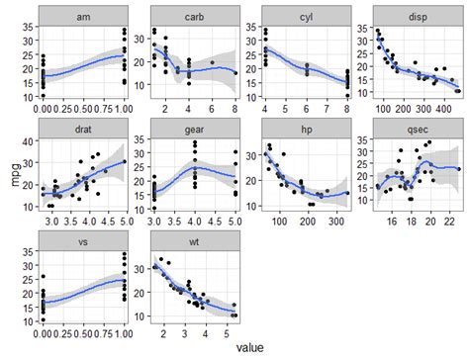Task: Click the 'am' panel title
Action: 83,17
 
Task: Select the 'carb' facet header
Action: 195,17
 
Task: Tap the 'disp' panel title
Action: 418,17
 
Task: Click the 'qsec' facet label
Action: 418,130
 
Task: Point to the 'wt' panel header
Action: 194,242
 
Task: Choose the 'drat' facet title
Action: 83,130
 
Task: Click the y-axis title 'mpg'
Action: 16,173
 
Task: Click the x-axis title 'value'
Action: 250,347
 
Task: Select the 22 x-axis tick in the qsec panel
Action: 449,222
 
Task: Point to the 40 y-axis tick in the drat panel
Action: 28,141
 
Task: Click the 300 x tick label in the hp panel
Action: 336,222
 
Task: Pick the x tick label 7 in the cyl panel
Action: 327,109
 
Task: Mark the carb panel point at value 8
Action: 235,73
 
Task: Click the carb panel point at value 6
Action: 213,62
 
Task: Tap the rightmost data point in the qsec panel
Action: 459,169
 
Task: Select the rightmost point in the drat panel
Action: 125,161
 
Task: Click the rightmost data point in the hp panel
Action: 347,193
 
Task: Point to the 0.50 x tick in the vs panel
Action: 83,333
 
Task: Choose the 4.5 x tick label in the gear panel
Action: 215,222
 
